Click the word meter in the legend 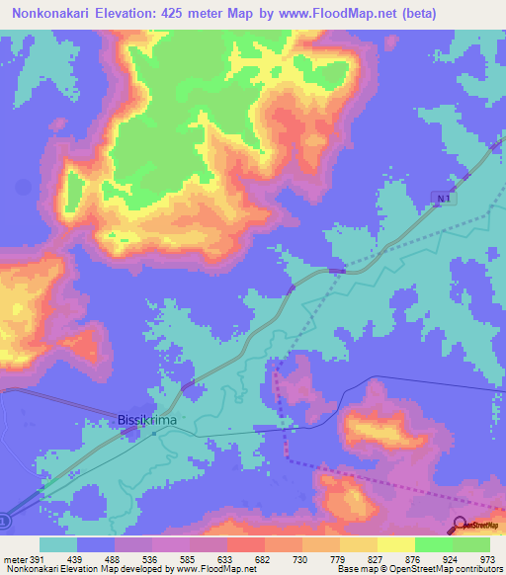(x=15, y=559)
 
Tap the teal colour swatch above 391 (x=58, y=544)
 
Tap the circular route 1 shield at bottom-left (x=4, y=520)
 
